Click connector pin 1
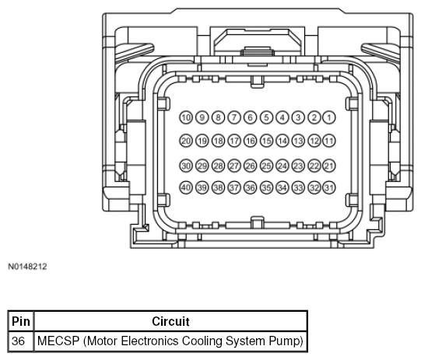click(x=329, y=117)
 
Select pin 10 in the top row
click(x=186, y=117)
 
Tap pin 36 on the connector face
click(x=251, y=187)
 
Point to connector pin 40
click(x=186, y=187)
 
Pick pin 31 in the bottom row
click(x=329, y=187)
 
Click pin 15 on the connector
click(x=266, y=141)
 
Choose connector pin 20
click(x=186, y=141)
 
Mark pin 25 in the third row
click(x=266, y=166)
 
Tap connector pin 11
click(x=329, y=141)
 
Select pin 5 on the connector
click(x=266, y=117)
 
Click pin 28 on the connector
click(x=218, y=166)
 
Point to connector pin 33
click(x=298, y=187)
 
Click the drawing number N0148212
click(x=27, y=267)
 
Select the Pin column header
click(x=21, y=321)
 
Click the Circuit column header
click(x=170, y=321)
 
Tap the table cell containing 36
click(x=21, y=341)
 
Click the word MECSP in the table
click(x=58, y=341)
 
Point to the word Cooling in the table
click(x=202, y=341)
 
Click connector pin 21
click(x=329, y=166)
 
